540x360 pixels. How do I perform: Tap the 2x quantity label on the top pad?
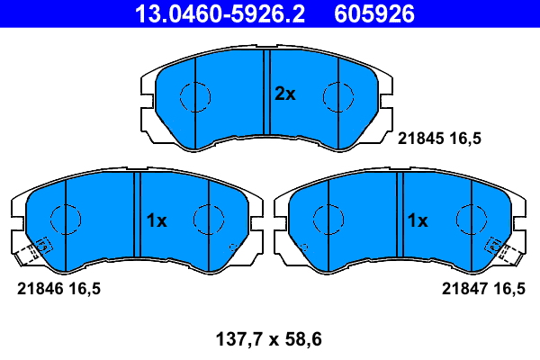(284, 94)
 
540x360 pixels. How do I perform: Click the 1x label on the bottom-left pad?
(157, 220)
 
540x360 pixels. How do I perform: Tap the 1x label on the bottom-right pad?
(417, 220)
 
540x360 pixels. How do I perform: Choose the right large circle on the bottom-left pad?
(208, 219)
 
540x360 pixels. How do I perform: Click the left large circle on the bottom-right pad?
(328, 219)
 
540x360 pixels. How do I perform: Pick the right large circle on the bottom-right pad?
(471, 219)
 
